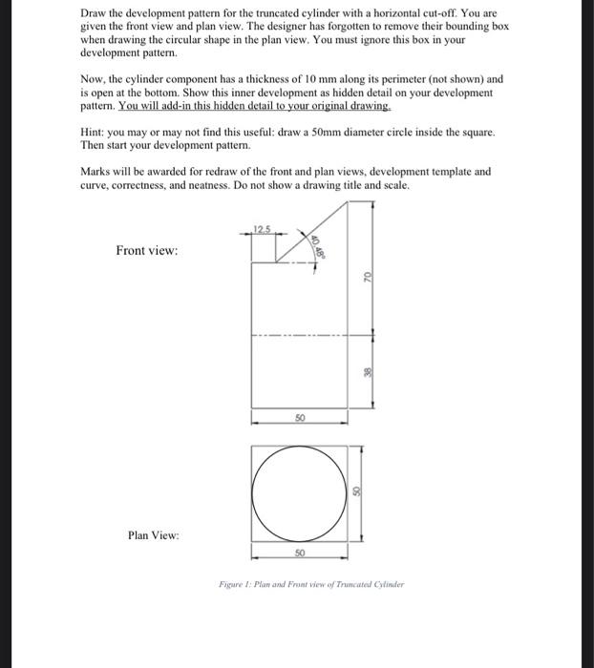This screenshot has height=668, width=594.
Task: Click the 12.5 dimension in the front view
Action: [263, 226]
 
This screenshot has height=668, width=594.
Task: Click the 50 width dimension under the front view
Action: [299, 418]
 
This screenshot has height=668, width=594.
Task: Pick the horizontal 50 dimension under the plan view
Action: [299, 553]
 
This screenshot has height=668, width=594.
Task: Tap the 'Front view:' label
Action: [146, 251]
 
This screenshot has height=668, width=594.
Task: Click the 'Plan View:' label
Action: [153, 536]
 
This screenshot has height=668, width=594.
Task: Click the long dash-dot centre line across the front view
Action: [299, 335]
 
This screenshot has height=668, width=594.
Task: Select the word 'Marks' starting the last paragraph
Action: [97, 172]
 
